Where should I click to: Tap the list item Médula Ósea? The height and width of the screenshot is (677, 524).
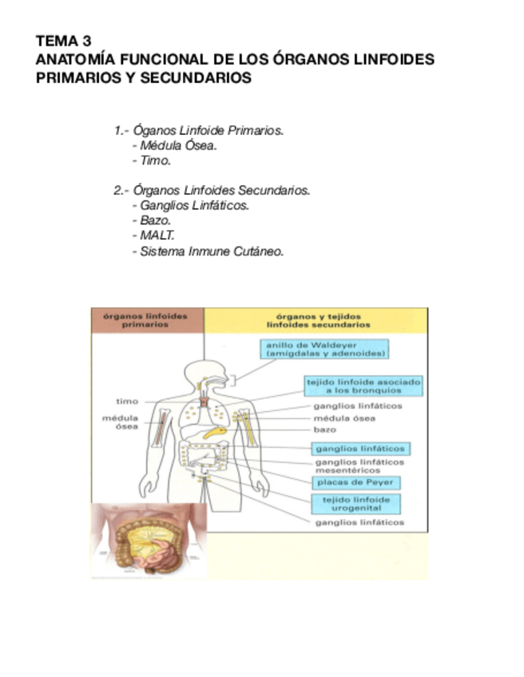(177, 145)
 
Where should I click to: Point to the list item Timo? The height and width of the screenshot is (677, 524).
(154, 160)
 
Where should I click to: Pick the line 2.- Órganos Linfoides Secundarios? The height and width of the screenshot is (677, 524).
(212, 190)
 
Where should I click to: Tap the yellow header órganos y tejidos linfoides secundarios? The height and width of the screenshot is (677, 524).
(316, 320)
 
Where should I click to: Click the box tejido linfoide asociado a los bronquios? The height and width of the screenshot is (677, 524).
(364, 386)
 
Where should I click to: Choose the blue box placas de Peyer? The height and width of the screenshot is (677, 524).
(356, 483)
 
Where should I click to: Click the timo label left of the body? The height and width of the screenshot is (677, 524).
(127, 402)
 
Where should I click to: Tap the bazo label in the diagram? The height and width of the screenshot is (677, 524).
(324, 430)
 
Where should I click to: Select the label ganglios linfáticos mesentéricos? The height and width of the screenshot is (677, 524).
(359, 466)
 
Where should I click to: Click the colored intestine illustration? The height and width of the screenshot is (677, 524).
(149, 539)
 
